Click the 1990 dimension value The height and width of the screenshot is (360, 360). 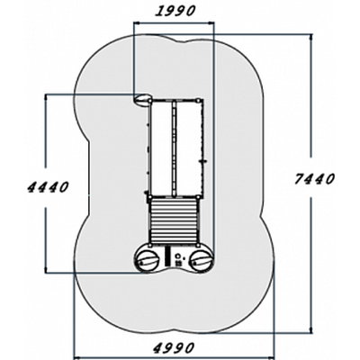[175, 12]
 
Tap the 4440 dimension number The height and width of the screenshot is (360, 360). [48, 187]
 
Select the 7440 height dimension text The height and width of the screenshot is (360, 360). [314, 179]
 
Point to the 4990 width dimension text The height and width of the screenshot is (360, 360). [174, 348]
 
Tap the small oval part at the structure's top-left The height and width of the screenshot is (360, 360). [142, 99]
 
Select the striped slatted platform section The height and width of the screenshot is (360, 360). [174, 221]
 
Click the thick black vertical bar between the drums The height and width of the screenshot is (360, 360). [166, 256]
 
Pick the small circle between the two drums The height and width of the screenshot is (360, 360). [178, 256]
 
